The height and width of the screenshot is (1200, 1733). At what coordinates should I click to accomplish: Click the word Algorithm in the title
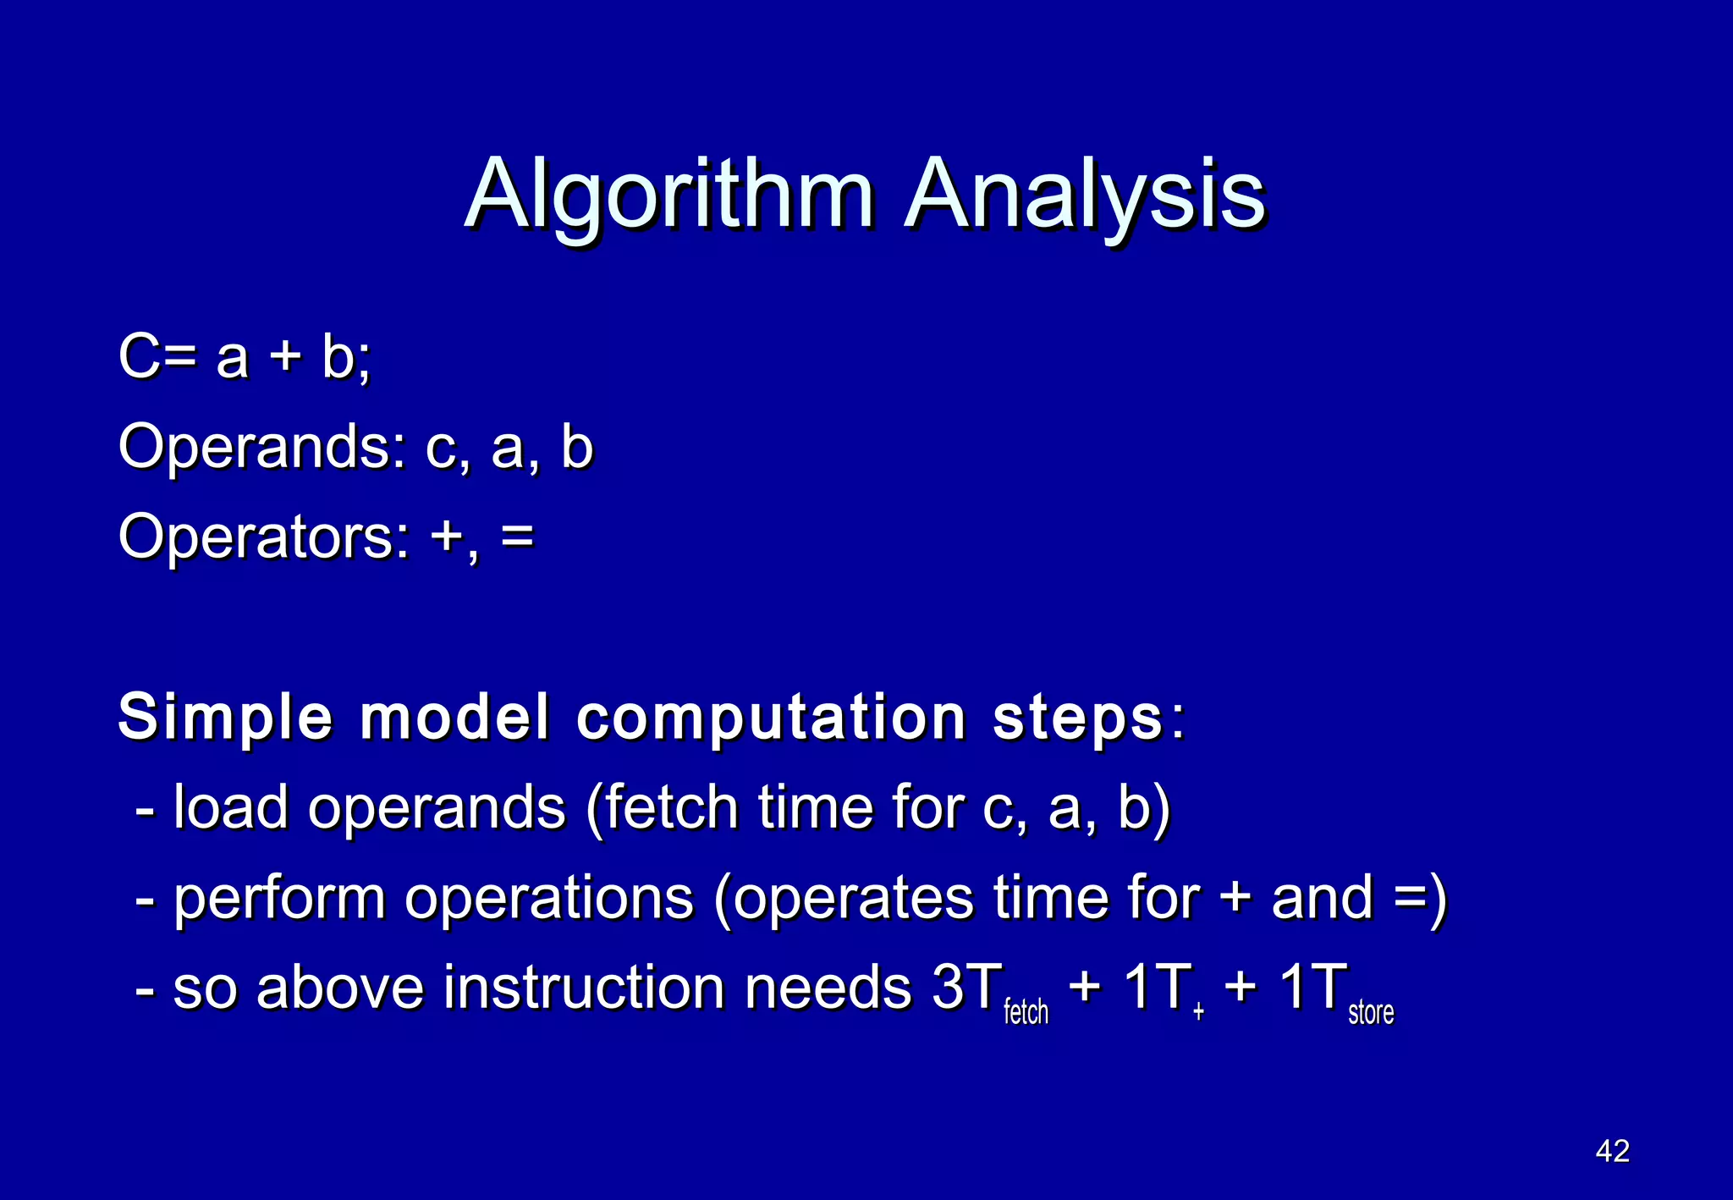(x=668, y=196)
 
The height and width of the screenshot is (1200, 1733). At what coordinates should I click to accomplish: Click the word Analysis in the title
(x=1085, y=196)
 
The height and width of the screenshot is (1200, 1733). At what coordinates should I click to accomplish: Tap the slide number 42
(x=1612, y=1151)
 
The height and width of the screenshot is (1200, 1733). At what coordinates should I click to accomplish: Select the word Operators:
(x=264, y=538)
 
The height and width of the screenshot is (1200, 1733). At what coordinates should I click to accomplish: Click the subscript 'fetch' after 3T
(x=1026, y=1012)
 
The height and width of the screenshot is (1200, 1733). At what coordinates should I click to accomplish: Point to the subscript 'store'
(x=1370, y=1012)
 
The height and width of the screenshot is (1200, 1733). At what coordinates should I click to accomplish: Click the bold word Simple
(x=225, y=718)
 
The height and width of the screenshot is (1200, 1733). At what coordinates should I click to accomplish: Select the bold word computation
(x=771, y=718)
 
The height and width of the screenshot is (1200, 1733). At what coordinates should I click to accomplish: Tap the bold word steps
(x=1078, y=718)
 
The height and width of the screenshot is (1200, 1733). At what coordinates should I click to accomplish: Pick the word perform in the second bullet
(x=279, y=898)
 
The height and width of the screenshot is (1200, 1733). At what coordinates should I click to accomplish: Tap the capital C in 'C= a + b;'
(x=139, y=356)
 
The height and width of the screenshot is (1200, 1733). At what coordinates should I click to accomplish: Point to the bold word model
(x=455, y=718)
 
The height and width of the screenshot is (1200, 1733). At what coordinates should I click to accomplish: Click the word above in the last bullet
(x=339, y=988)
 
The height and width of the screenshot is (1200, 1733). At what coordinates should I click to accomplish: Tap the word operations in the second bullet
(x=548, y=900)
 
